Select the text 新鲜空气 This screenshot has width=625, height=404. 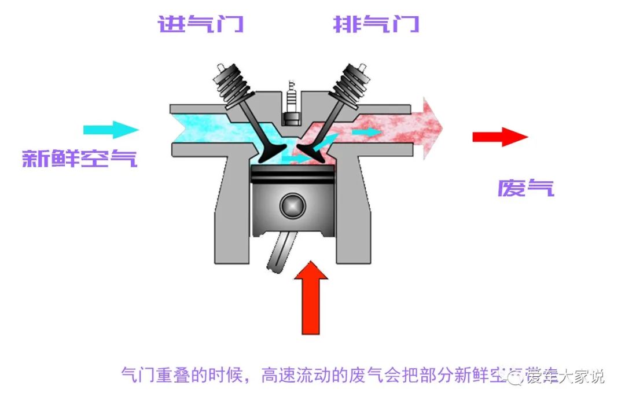tap(80, 159)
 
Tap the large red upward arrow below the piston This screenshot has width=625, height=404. tap(310, 298)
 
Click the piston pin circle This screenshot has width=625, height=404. tap(292, 204)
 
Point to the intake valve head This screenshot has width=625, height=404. tap(270, 155)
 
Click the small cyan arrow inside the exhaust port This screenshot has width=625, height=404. tap(366, 132)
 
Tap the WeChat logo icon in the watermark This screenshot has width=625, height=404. tap(514, 377)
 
